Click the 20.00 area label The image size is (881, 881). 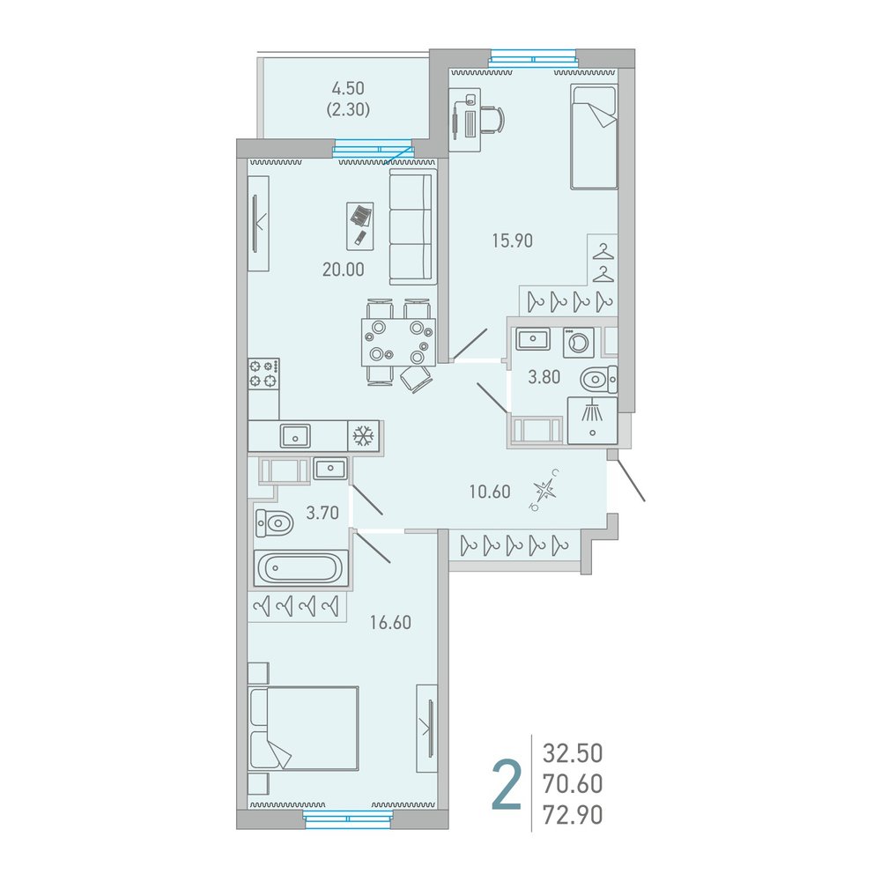click(x=344, y=270)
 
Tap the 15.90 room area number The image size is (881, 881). click(x=513, y=241)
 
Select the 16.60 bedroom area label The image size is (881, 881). click(x=390, y=623)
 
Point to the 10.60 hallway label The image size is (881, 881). click(x=490, y=492)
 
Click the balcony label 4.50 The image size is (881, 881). click(x=348, y=88)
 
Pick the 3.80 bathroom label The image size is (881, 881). click(x=544, y=377)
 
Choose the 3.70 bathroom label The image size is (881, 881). click(x=322, y=513)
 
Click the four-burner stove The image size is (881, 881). click(x=263, y=374)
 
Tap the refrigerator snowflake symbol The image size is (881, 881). click(x=364, y=435)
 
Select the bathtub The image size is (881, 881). click(x=301, y=568)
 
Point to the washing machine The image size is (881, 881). click(x=579, y=342)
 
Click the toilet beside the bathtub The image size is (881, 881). click(x=274, y=523)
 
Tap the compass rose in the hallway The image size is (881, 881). click(x=544, y=489)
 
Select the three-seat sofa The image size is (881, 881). click(x=411, y=227)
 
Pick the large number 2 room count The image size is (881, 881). click(x=507, y=786)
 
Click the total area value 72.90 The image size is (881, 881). click(x=573, y=815)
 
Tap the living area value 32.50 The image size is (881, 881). click(x=573, y=753)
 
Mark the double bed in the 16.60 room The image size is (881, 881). click(x=303, y=729)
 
